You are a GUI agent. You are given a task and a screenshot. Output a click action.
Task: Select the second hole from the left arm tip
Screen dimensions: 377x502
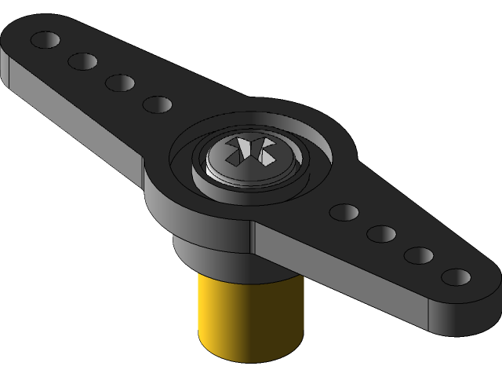tap(82, 60)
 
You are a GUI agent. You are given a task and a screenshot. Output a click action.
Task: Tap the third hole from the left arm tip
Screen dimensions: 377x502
tap(120, 82)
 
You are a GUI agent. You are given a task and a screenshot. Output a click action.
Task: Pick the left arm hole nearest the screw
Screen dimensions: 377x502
tap(158, 104)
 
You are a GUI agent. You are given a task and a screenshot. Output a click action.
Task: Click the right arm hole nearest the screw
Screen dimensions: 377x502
tap(344, 211)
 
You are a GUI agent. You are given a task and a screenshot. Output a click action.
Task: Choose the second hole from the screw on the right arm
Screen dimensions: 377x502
tap(381, 233)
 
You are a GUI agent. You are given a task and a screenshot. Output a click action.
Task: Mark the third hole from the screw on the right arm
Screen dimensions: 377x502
tap(418, 255)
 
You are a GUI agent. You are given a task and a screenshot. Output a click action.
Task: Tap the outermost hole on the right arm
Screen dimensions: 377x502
tap(456, 277)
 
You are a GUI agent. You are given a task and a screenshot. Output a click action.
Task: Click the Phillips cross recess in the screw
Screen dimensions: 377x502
tap(249, 151)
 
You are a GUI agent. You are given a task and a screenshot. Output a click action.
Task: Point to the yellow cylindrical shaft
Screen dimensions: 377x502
tap(249, 314)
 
